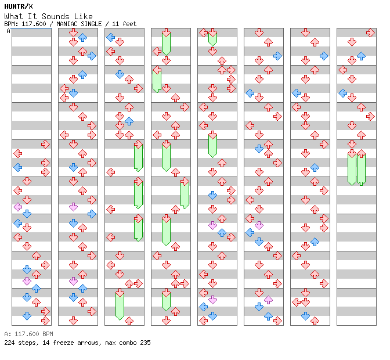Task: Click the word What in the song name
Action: tap(13, 16)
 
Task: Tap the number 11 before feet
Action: tap(115, 24)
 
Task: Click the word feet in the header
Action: tap(129, 24)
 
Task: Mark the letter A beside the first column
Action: tap(8, 31)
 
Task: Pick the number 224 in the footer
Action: tap(9, 343)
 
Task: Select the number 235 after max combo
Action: tap(145, 343)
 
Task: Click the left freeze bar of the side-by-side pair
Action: tap(352, 168)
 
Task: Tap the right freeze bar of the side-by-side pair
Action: tap(361, 168)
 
